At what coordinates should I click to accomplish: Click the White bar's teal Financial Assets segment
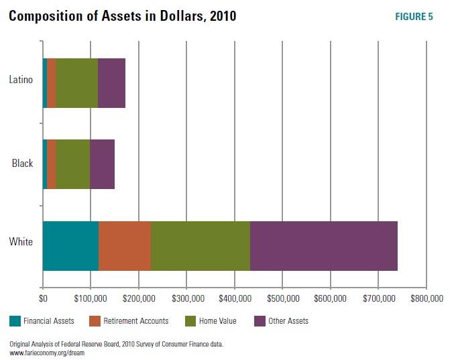(70, 245)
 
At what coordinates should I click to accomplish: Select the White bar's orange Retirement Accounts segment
(125, 245)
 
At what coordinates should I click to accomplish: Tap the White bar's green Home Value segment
(201, 245)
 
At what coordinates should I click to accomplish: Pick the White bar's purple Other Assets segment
(324, 245)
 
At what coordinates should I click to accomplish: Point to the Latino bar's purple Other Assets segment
(111, 83)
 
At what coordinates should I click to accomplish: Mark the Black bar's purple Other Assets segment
(102, 164)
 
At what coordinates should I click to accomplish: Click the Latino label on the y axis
(21, 80)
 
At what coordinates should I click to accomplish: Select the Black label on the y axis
(22, 163)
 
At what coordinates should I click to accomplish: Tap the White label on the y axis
(21, 242)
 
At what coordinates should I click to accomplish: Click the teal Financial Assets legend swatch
(14, 321)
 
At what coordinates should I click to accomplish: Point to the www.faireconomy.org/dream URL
(46, 352)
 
